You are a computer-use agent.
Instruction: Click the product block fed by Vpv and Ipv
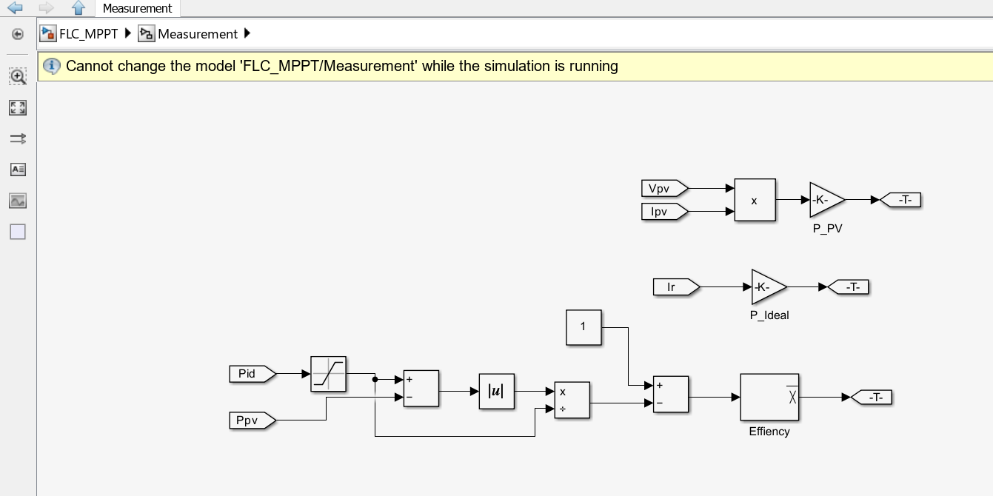[x=755, y=200]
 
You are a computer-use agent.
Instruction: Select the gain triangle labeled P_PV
[x=825, y=200]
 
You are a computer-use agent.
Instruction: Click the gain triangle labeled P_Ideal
[x=767, y=286]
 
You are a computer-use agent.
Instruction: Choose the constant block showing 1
[x=584, y=327]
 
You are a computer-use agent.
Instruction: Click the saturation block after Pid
[x=329, y=374]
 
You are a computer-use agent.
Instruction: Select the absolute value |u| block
[x=496, y=392]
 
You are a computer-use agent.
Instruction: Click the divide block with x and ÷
[x=572, y=401]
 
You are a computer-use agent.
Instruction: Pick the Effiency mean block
[x=769, y=397]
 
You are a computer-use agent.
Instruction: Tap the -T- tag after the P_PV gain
[x=903, y=200]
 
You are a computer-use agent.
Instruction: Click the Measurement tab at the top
[x=137, y=9]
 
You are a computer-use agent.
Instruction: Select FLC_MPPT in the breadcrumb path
[x=88, y=33]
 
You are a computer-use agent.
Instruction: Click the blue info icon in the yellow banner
[x=51, y=66]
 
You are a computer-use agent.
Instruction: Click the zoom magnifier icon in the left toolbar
[x=18, y=76]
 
